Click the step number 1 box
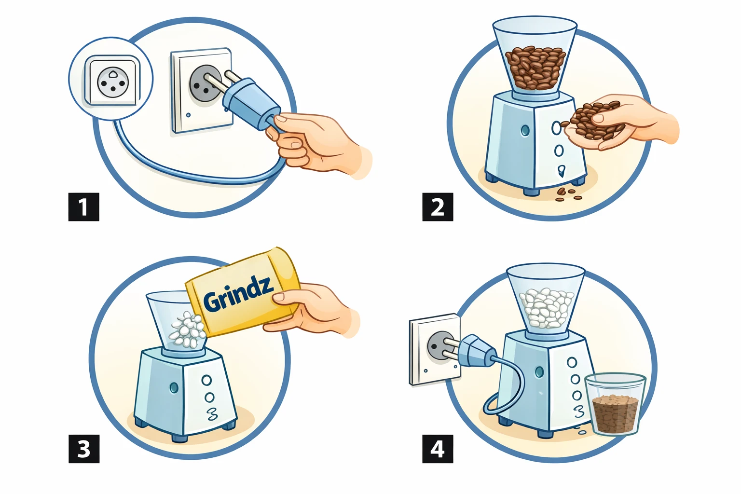coord(83,207)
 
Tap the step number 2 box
coord(438,207)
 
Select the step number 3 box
coord(83,449)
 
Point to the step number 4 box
coord(438,449)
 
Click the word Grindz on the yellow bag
coord(238,293)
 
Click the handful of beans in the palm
coord(594,121)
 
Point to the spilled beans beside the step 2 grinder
coord(568,194)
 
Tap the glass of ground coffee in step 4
coord(615,404)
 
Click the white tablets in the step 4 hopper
coord(546,308)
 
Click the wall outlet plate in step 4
coord(435,349)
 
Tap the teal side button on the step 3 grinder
coord(173,387)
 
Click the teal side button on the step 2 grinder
coord(525,130)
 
